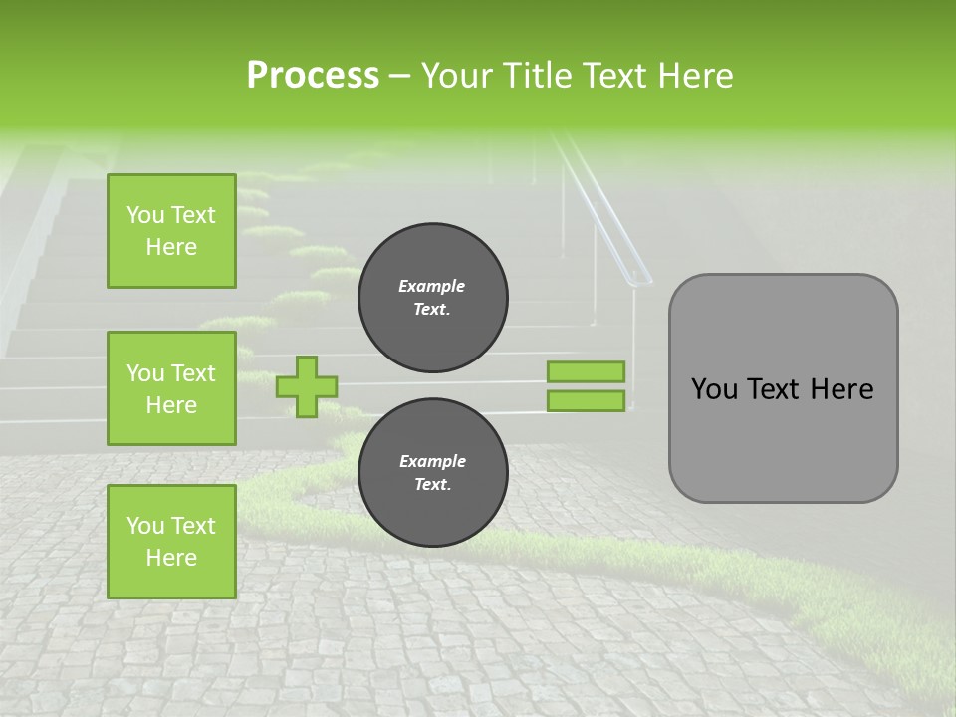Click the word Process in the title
313,76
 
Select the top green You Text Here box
171,231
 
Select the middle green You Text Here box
171,388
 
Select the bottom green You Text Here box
171,541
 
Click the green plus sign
307,386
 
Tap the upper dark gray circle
433,298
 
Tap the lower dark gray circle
433,473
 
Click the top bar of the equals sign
586,371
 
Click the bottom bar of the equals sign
586,400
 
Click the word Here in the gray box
841,389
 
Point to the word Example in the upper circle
432,286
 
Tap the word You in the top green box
145,215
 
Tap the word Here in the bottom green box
171,558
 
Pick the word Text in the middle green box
193,373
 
